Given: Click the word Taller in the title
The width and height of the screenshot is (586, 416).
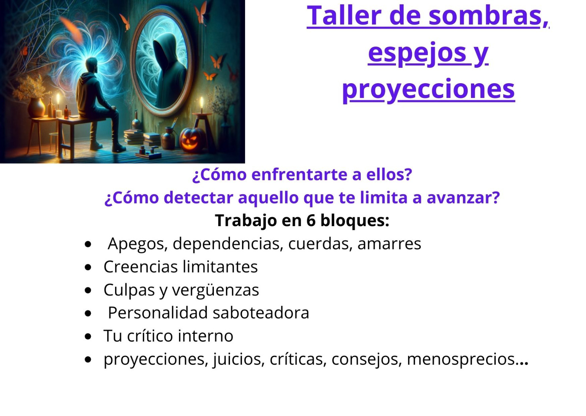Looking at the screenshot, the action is coord(345,15).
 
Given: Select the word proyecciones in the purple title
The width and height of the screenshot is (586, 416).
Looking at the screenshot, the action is coord(429,90).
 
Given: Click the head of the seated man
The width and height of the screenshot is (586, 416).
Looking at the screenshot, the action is coord(92,66).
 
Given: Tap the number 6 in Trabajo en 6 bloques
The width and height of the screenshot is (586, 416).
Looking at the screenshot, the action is coord(311,220).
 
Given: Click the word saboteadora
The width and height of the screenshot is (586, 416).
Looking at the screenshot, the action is coord(261,313).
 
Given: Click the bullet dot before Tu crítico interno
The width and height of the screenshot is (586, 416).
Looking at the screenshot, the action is coord(88,336).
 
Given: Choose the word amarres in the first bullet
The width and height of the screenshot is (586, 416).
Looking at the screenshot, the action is coord(389,244).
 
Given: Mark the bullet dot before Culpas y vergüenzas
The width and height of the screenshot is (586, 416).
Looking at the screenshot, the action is coord(88,290).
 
